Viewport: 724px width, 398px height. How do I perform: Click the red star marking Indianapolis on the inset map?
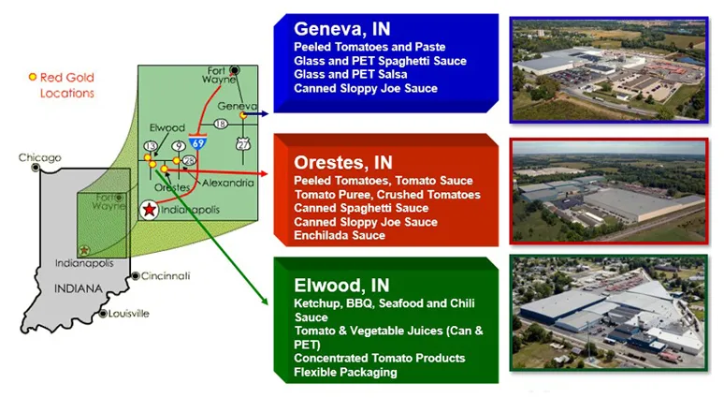pos(149,210)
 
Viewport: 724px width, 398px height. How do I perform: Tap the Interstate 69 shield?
pos(198,143)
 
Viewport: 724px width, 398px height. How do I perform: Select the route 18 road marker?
pos(221,124)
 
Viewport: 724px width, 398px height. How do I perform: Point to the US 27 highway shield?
pos(243,144)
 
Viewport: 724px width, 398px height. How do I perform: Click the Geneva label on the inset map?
pos(237,106)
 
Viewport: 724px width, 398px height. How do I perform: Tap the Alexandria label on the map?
pos(228,183)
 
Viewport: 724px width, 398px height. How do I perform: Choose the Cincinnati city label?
pos(166,276)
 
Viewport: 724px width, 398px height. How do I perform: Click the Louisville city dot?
pos(104,314)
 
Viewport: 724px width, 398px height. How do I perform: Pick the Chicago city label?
pos(39,157)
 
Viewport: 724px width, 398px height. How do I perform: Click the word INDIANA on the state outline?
pos(79,289)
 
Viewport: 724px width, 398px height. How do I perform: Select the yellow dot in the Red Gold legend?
pos(33,77)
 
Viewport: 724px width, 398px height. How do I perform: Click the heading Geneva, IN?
pos(342,29)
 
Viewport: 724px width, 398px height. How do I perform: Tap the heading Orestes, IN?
pos(343,163)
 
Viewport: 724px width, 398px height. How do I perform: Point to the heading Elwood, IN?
pos(341,286)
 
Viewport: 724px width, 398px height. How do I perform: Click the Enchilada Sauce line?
pos(340,235)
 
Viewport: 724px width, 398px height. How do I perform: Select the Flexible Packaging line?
pos(345,372)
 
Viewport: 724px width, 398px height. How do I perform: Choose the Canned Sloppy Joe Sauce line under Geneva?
pos(366,88)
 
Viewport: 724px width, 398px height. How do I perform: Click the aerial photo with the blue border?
pos(609,70)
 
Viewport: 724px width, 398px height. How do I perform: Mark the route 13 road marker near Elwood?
pos(151,146)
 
